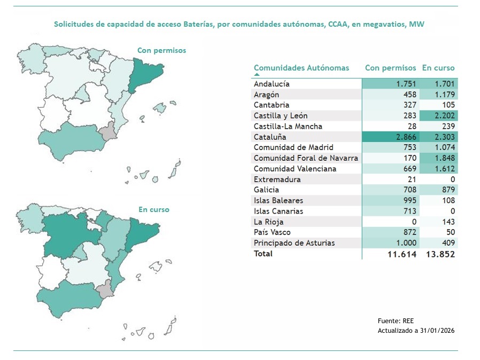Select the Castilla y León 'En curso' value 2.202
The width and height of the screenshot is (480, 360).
coord(444,115)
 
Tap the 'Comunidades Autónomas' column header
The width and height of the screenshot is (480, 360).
coord(301,68)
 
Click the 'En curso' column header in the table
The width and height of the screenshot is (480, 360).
coord(438,68)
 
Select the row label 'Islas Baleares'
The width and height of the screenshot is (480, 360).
coord(278,200)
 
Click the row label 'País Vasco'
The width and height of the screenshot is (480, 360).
coord(273,232)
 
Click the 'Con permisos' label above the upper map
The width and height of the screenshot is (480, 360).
coord(161,50)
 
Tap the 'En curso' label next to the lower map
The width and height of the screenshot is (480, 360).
coord(153,209)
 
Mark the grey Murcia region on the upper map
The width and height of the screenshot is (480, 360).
coord(110,131)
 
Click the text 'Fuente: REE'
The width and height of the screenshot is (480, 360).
coord(396,320)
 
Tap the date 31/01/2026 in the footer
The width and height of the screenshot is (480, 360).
coord(437,330)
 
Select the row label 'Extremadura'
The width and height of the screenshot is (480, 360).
coord(277,179)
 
